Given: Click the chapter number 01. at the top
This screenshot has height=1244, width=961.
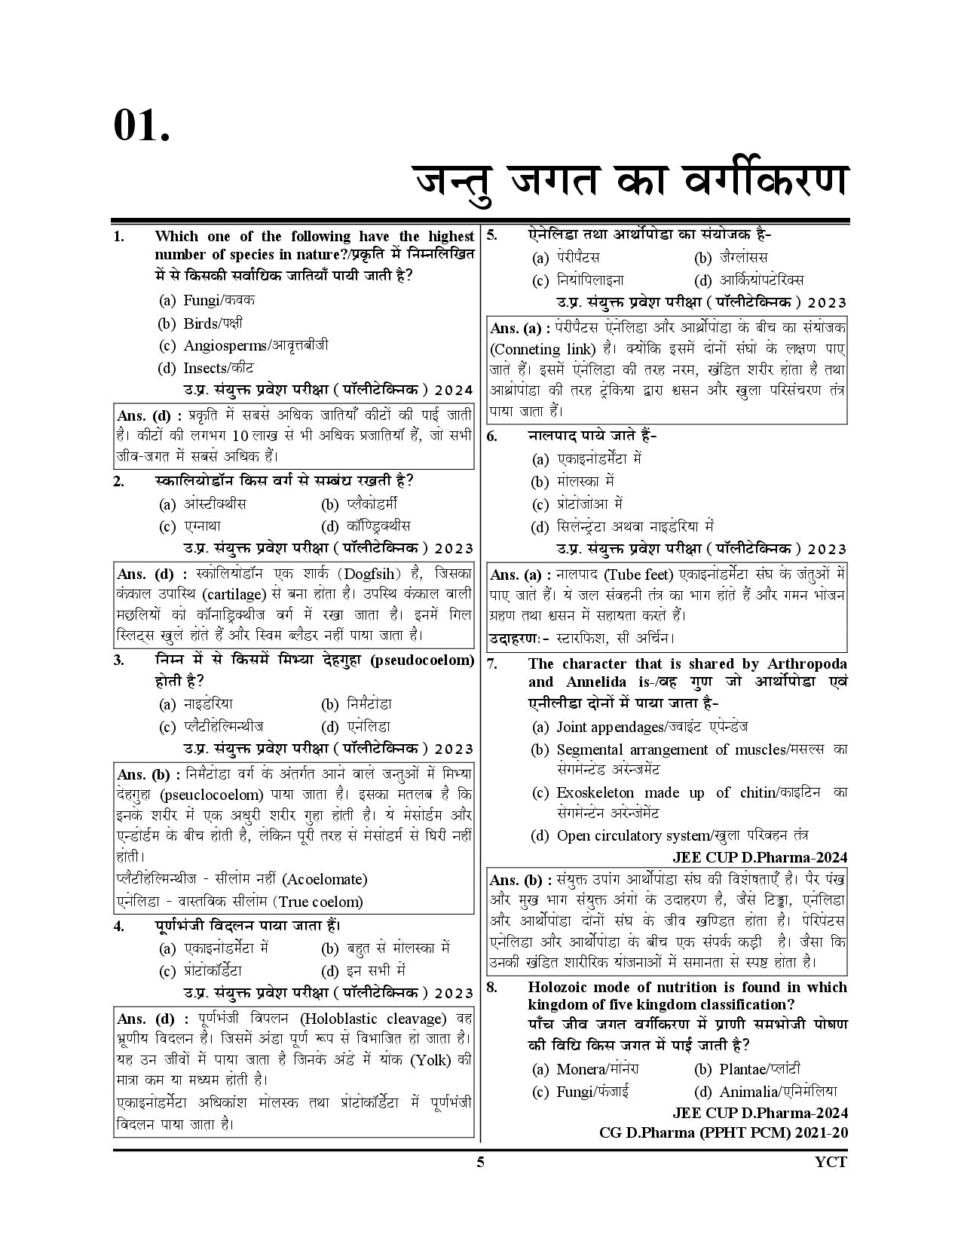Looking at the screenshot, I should pyautogui.click(x=142, y=124).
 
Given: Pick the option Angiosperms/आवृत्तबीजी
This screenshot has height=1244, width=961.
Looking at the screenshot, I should pyautogui.click(x=256, y=345).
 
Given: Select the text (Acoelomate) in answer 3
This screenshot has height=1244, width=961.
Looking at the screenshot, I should pyautogui.click(x=324, y=879).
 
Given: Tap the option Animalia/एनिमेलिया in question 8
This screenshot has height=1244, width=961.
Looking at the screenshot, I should pyautogui.click(x=778, y=1092).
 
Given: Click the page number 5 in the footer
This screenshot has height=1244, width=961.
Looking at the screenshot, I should pyautogui.click(x=480, y=1162).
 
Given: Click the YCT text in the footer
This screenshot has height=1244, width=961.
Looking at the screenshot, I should pyautogui.click(x=831, y=1162).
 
